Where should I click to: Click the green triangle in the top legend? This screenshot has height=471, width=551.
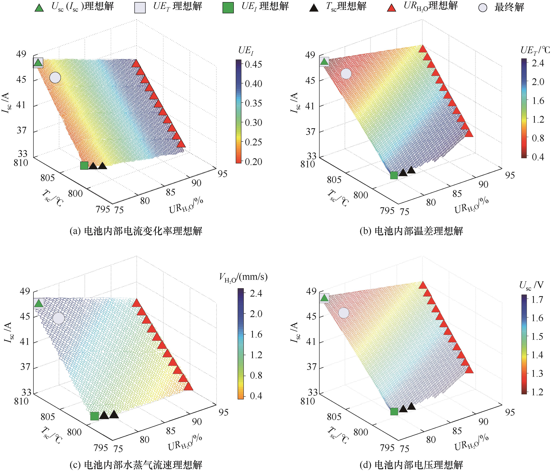click(x=39, y=8)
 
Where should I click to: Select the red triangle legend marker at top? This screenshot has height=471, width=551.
click(x=391, y=8)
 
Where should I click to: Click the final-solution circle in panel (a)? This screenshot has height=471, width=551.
click(x=55, y=78)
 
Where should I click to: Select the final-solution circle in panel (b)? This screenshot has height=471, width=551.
click(x=346, y=74)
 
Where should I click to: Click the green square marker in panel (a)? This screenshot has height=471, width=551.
click(x=84, y=166)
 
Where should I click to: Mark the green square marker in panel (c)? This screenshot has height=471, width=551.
click(x=94, y=416)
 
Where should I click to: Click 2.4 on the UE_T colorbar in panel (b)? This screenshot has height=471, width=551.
click(x=538, y=63)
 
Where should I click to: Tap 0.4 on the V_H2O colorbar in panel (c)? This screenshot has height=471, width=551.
click(x=256, y=396)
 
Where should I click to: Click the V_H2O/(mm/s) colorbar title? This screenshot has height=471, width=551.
click(x=243, y=277)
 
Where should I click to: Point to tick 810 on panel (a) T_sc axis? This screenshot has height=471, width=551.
click(x=21, y=162)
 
